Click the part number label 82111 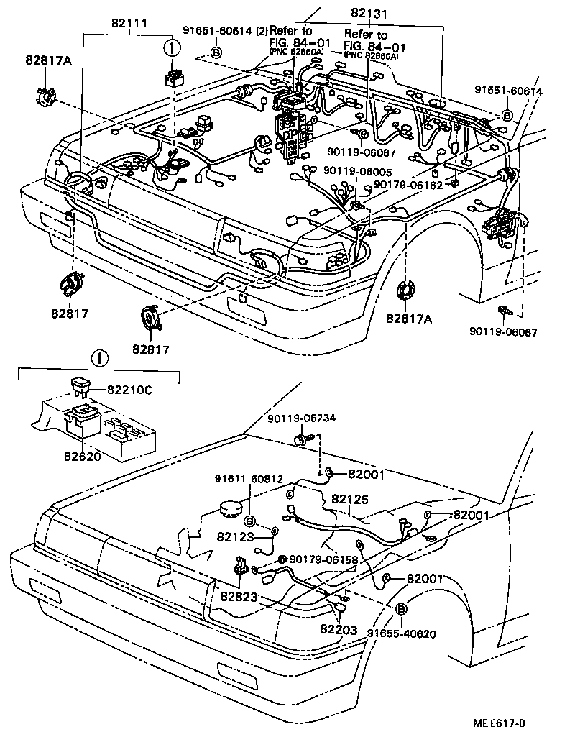pyautogui.click(x=127, y=23)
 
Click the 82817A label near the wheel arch pyautogui.click(x=408, y=319)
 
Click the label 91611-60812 pyautogui.click(x=249, y=478)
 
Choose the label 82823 pyautogui.click(x=239, y=596)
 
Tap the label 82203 pyautogui.click(x=339, y=629)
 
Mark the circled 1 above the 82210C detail pyautogui.click(x=100, y=357)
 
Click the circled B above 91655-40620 pyautogui.click(x=401, y=609)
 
